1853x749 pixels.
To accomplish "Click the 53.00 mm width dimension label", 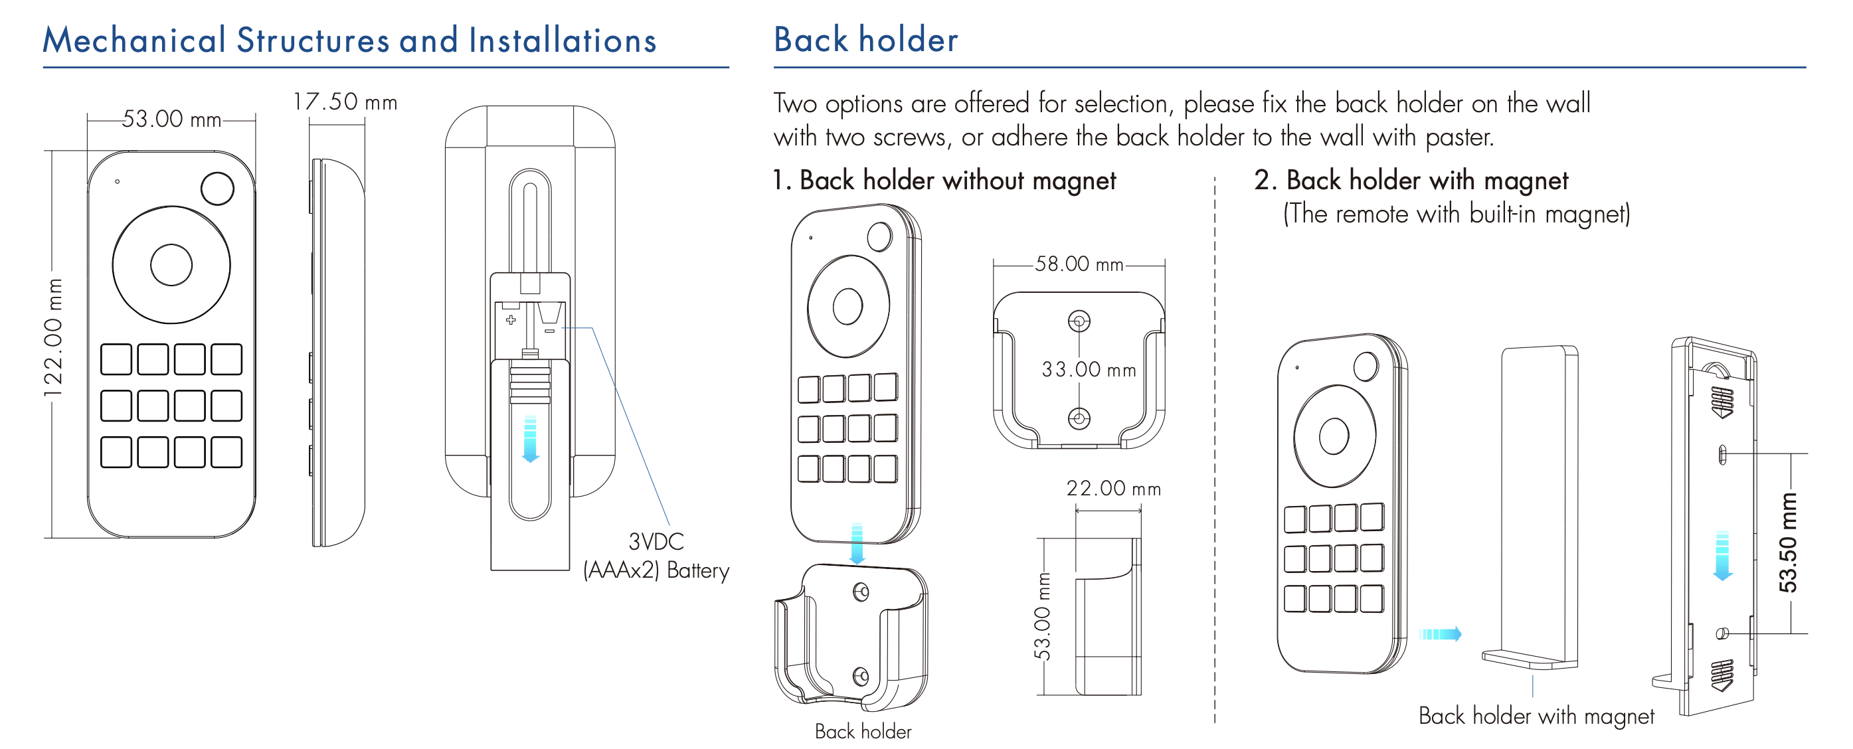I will (x=171, y=119).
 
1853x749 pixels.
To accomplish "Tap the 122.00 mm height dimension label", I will (x=53, y=337).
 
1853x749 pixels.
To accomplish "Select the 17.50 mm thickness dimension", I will (x=345, y=102).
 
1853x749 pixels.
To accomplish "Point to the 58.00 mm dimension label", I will (x=1079, y=264).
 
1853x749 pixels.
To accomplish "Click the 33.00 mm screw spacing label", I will (x=1089, y=370).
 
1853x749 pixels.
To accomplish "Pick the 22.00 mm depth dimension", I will (x=1113, y=489).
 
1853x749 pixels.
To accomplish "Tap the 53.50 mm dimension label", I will (x=1787, y=542).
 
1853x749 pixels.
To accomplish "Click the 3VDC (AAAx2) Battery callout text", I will (x=656, y=556).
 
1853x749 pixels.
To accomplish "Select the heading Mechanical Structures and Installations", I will (x=349, y=41).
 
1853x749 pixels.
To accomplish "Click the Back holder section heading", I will (x=865, y=40).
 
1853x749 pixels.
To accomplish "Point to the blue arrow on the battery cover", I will (x=530, y=438).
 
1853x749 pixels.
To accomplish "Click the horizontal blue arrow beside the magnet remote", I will (x=1440, y=634).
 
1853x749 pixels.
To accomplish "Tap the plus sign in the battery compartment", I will (x=511, y=319).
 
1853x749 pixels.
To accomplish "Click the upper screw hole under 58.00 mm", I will (x=1079, y=321).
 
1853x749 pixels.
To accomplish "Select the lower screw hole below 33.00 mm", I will (x=1079, y=417).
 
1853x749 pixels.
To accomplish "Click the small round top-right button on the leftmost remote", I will (x=217, y=189).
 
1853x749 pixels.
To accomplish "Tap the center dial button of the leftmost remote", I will (x=171, y=265).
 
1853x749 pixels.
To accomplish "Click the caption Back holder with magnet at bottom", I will (x=1536, y=716).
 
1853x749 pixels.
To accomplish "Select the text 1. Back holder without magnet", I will (x=944, y=180).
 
